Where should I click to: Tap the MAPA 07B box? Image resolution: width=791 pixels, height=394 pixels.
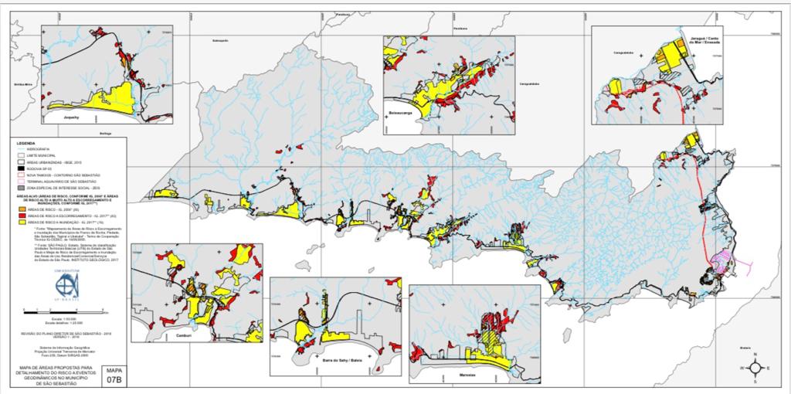click(x=114, y=375)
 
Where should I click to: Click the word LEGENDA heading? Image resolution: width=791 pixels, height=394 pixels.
click(x=25, y=144)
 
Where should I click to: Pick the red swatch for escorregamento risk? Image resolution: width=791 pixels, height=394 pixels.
click(x=22, y=216)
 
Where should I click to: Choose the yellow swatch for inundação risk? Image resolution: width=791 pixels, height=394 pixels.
click(x=22, y=222)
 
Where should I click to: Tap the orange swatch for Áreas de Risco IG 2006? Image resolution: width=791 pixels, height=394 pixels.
click(x=22, y=209)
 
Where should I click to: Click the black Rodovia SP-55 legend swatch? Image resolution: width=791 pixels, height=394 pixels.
click(x=22, y=168)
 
